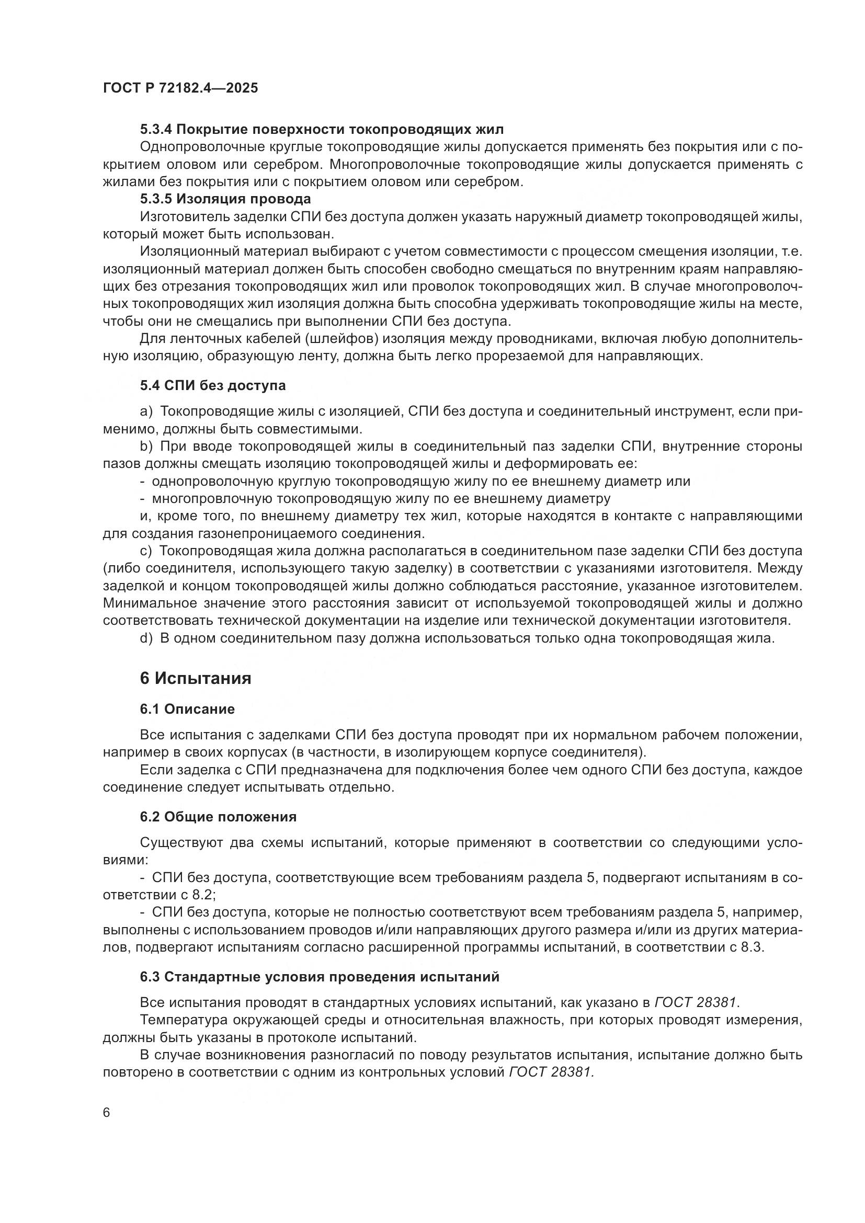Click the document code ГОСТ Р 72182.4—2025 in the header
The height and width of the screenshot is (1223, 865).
(x=180, y=88)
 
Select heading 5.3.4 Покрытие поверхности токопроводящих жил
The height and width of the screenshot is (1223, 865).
(x=322, y=130)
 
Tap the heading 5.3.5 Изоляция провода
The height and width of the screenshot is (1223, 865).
(x=225, y=199)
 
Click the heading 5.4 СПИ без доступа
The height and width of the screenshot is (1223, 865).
(x=213, y=386)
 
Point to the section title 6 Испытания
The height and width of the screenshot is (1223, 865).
(x=196, y=679)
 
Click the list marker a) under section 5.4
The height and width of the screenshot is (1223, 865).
(x=146, y=412)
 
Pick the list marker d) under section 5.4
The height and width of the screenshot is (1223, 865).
(x=146, y=638)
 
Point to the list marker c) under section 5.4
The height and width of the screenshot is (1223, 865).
(x=146, y=550)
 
